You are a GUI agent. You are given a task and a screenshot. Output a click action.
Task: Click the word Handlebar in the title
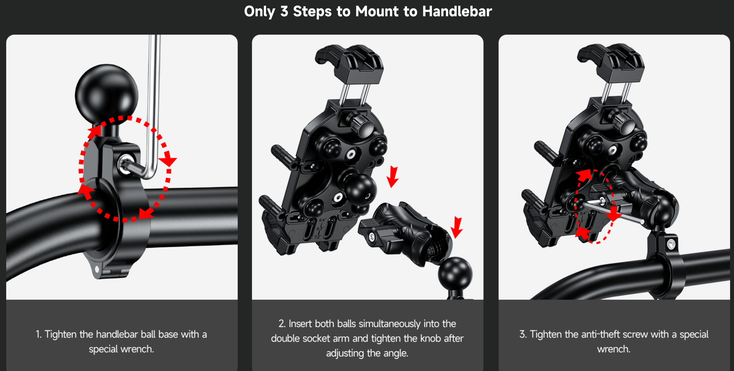point(457,11)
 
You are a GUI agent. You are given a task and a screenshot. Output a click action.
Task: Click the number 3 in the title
point(284,11)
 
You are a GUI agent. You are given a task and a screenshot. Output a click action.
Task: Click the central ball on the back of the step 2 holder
point(360,189)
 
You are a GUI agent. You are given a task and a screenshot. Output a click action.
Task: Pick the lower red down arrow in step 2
point(457,227)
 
